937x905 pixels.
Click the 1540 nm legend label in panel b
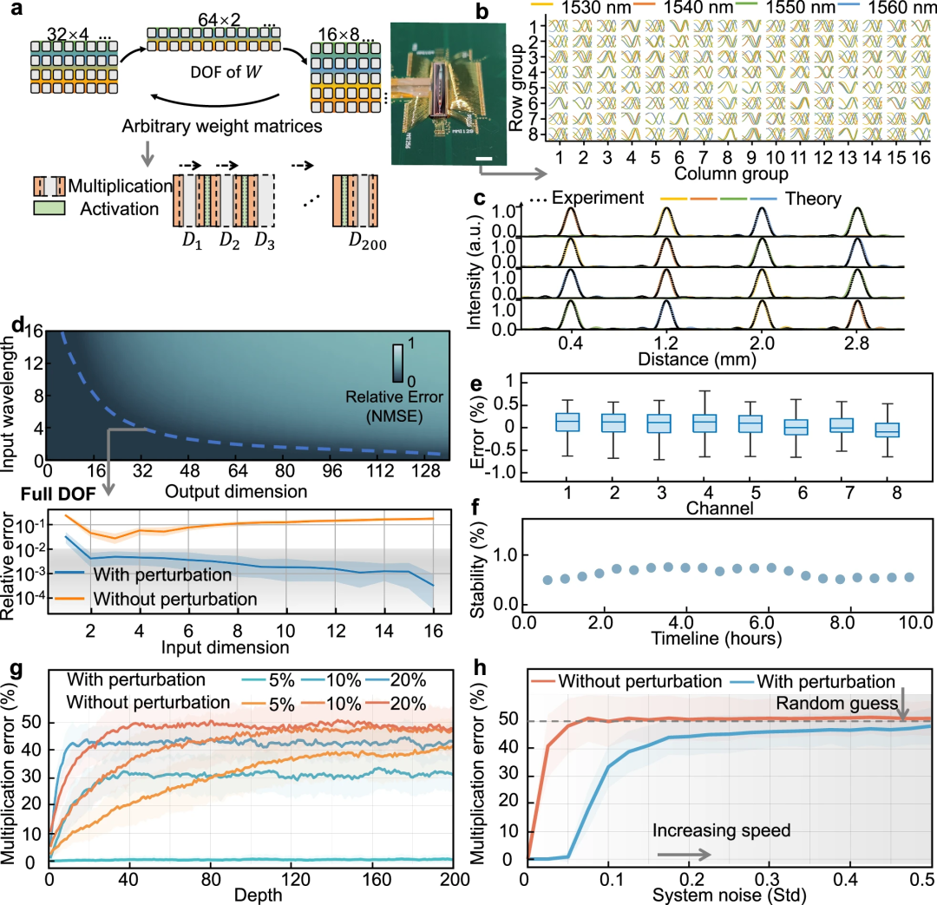698,8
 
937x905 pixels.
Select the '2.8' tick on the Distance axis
856,343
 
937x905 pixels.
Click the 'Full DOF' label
58,494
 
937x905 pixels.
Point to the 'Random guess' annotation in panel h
837,704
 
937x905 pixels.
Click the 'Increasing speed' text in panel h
721,830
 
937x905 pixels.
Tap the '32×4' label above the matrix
68,34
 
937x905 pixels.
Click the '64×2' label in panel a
220,19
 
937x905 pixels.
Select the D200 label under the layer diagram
368,241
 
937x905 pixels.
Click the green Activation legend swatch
49,208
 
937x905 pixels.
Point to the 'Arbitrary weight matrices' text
222,126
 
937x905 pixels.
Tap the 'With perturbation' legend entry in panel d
162,574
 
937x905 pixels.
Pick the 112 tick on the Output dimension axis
380,471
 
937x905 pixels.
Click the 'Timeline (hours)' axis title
717,639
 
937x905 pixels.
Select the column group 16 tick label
921,157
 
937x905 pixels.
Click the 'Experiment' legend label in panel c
598,198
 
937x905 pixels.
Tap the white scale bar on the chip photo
484,159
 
